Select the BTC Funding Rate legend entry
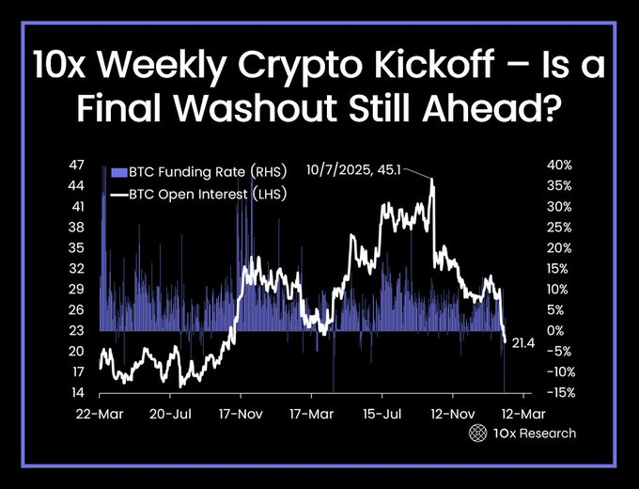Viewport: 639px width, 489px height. click(x=186, y=172)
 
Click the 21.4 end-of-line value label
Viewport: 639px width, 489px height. click(x=523, y=346)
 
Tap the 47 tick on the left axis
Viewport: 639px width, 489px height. click(x=78, y=165)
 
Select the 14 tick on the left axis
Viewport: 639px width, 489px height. click(x=78, y=392)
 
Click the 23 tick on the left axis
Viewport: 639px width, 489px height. click(x=78, y=330)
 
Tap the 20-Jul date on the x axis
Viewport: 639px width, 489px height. click(x=170, y=413)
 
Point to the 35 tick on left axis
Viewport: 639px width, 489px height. click(x=78, y=247)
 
